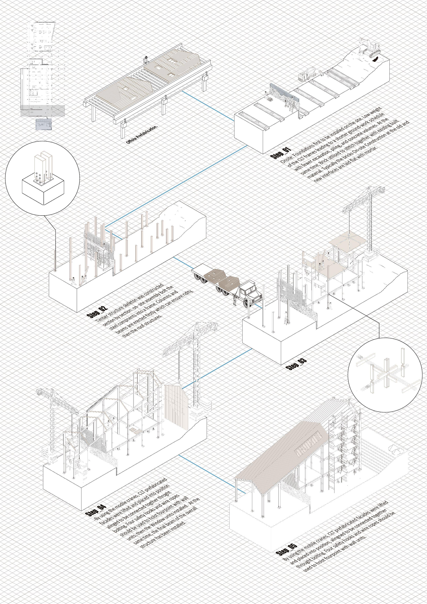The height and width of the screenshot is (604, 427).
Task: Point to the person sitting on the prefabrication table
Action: pos(145,60)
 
